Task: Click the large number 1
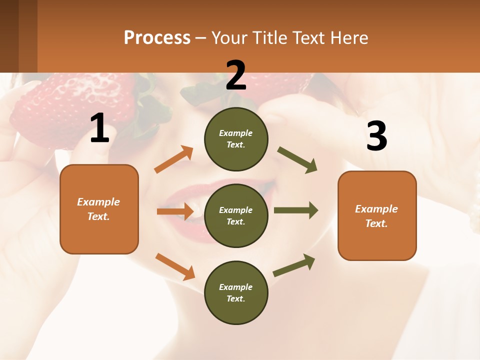tap(99, 128)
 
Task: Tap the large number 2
tap(236, 76)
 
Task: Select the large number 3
tap(376, 136)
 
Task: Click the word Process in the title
tap(157, 37)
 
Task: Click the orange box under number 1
tap(99, 209)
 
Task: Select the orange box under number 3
tap(377, 215)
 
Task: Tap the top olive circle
tap(236, 139)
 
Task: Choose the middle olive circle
tap(236, 215)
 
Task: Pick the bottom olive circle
tap(236, 292)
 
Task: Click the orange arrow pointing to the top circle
tap(174, 159)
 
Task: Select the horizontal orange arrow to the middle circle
tap(175, 211)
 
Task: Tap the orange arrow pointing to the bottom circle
tap(175, 266)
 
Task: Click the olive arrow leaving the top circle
tap(297, 160)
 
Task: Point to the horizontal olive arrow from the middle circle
tap(295, 210)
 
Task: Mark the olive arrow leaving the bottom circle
tap(294, 265)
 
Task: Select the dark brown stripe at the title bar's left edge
tap(9, 36)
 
